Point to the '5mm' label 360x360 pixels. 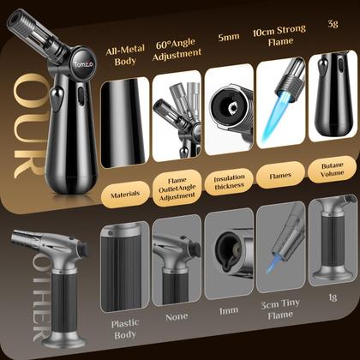pos(227,38)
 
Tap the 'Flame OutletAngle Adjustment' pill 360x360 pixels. pos(177,195)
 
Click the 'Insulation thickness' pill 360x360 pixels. pos(229,195)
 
